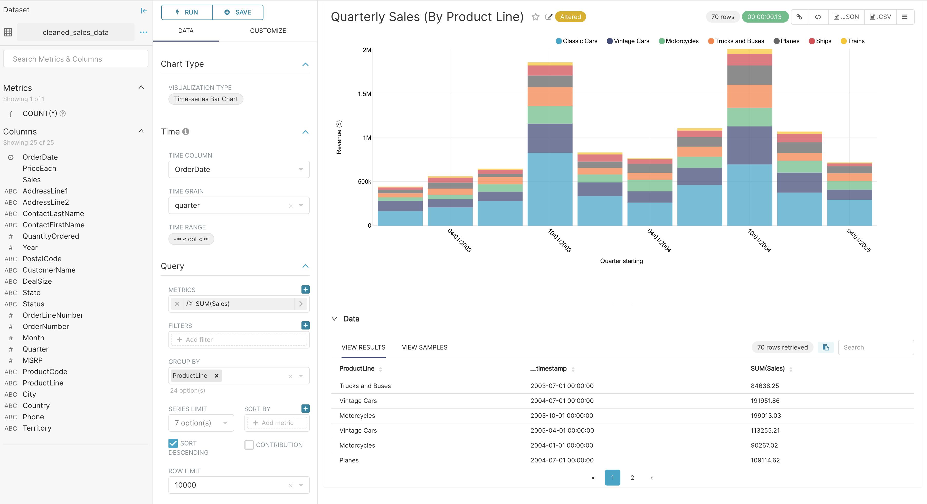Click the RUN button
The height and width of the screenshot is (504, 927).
pyautogui.click(x=187, y=12)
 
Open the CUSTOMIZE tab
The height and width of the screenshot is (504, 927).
pyautogui.click(x=268, y=31)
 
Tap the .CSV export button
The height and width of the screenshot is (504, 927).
pyautogui.click(x=880, y=17)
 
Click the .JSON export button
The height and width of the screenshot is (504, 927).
pyautogui.click(x=846, y=17)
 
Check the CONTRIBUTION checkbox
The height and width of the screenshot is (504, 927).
pyautogui.click(x=249, y=445)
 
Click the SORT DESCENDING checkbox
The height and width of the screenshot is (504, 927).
pyautogui.click(x=173, y=443)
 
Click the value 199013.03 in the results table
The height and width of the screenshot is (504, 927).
pyautogui.click(x=766, y=415)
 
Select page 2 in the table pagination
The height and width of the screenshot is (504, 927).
pyautogui.click(x=632, y=478)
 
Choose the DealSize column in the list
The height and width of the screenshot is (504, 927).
pyautogui.click(x=37, y=281)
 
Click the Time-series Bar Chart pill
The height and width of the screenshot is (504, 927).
pyautogui.click(x=206, y=99)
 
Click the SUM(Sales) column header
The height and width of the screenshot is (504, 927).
pyautogui.click(x=767, y=369)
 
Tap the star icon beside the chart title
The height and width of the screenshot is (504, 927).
pyautogui.click(x=535, y=17)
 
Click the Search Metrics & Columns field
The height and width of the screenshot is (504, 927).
pyautogui.click(x=75, y=59)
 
